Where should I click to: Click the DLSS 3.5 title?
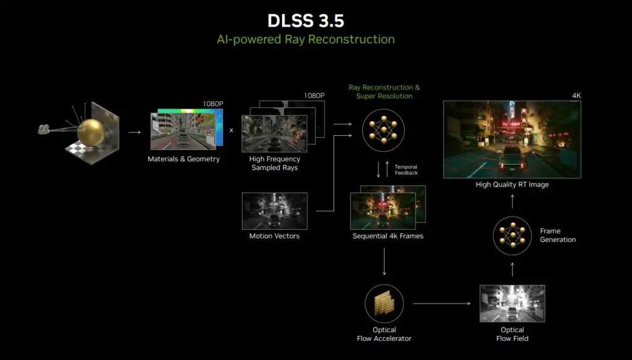(306, 21)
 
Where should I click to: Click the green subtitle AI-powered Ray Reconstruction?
(306, 40)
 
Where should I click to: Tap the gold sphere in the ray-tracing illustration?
(90, 132)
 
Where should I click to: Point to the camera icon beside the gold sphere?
(44, 129)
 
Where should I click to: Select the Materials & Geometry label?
(183, 159)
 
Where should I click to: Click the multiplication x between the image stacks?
(231, 130)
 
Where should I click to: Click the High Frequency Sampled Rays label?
(275, 163)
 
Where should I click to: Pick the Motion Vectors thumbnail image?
(275, 211)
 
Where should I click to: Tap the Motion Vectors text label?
(274, 236)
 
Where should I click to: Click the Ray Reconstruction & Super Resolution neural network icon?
(383, 130)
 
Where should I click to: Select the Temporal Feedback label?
(406, 170)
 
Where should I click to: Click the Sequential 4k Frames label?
(388, 236)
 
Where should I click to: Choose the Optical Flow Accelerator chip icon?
(384, 304)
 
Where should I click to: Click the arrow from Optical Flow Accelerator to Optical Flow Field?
(442, 304)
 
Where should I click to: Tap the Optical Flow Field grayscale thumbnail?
(512, 304)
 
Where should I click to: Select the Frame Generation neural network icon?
(512, 235)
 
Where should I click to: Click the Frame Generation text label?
(558, 235)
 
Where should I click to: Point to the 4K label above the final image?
(576, 96)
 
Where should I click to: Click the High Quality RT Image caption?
(512, 184)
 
